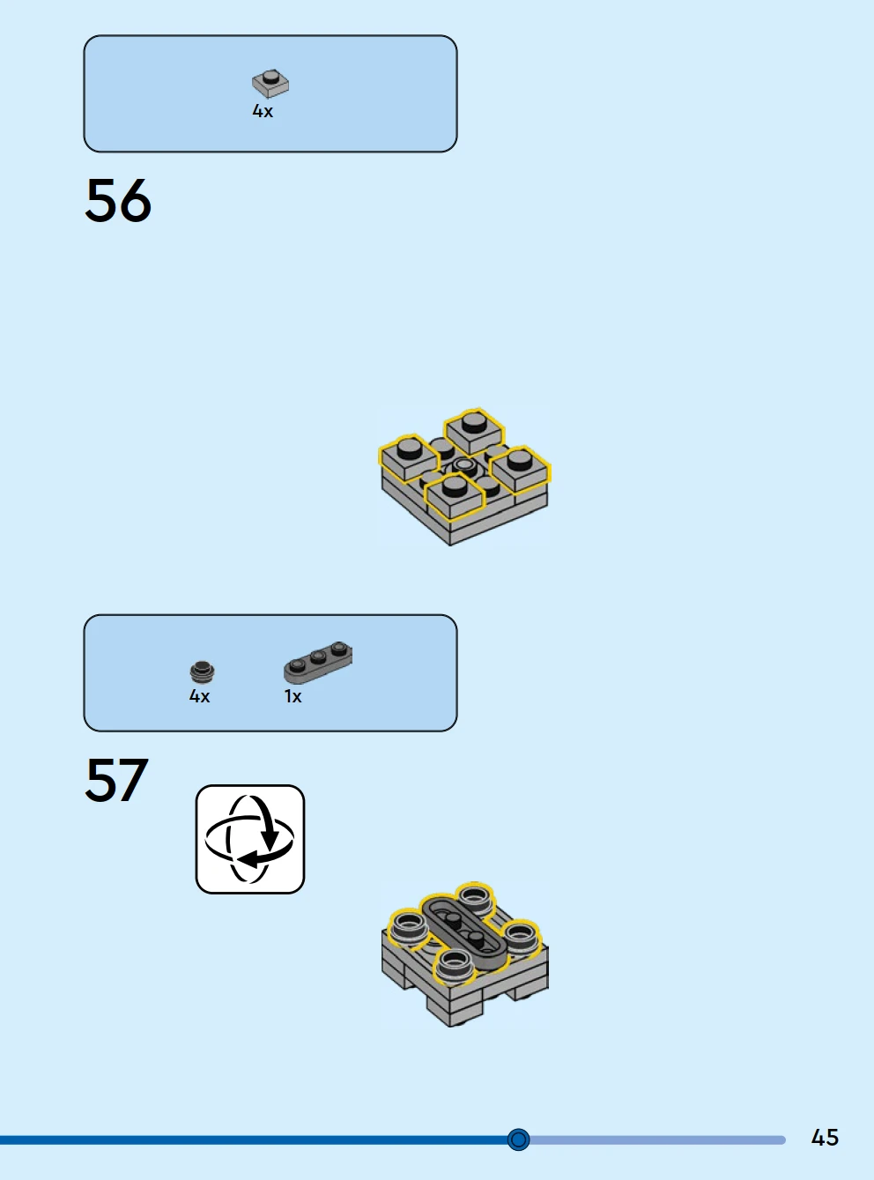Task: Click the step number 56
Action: (118, 201)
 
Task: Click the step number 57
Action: (117, 780)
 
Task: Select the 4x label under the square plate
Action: (263, 111)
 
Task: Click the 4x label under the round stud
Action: (199, 696)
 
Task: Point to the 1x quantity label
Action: (293, 696)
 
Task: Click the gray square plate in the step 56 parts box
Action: (270, 84)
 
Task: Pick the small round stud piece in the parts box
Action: (202, 672)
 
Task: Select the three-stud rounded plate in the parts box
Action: (317, 663)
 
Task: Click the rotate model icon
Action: (250, 839)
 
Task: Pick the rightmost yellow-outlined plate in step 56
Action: (520, 468)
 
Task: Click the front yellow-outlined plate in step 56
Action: (455, 496)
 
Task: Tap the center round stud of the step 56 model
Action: (463, 464)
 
